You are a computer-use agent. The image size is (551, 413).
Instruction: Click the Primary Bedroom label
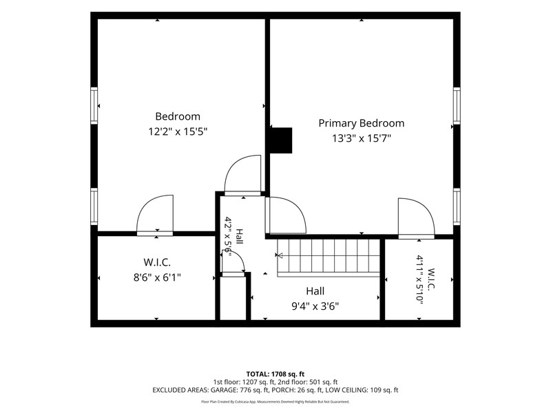tap(361, 123)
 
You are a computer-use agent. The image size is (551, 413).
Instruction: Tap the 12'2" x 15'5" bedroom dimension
tap(178, 131)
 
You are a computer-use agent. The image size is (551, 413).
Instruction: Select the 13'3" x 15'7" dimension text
tap(362, 138)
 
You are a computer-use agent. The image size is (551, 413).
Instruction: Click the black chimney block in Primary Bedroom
tap(281, 140)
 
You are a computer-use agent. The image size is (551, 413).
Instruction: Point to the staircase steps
tap(329, 256)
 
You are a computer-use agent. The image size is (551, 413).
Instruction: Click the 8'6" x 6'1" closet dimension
tap(157, 277)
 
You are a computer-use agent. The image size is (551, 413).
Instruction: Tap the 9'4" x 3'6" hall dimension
tap(315, 306)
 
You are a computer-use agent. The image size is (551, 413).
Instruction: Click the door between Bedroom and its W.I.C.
tap(155, 215)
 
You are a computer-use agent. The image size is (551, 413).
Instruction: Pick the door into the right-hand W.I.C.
tap(417, 218)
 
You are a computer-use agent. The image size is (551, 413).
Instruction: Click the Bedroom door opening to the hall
tap(243, 176)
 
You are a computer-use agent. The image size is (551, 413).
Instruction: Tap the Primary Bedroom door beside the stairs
tap(285, 215)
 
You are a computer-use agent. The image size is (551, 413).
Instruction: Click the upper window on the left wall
tap(94, 105)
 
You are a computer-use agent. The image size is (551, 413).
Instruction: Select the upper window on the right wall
tap(457, 106)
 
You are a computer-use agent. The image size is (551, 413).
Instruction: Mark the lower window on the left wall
tap(94, 206)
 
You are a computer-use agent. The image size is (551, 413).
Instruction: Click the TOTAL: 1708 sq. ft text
tap(275, 374)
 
